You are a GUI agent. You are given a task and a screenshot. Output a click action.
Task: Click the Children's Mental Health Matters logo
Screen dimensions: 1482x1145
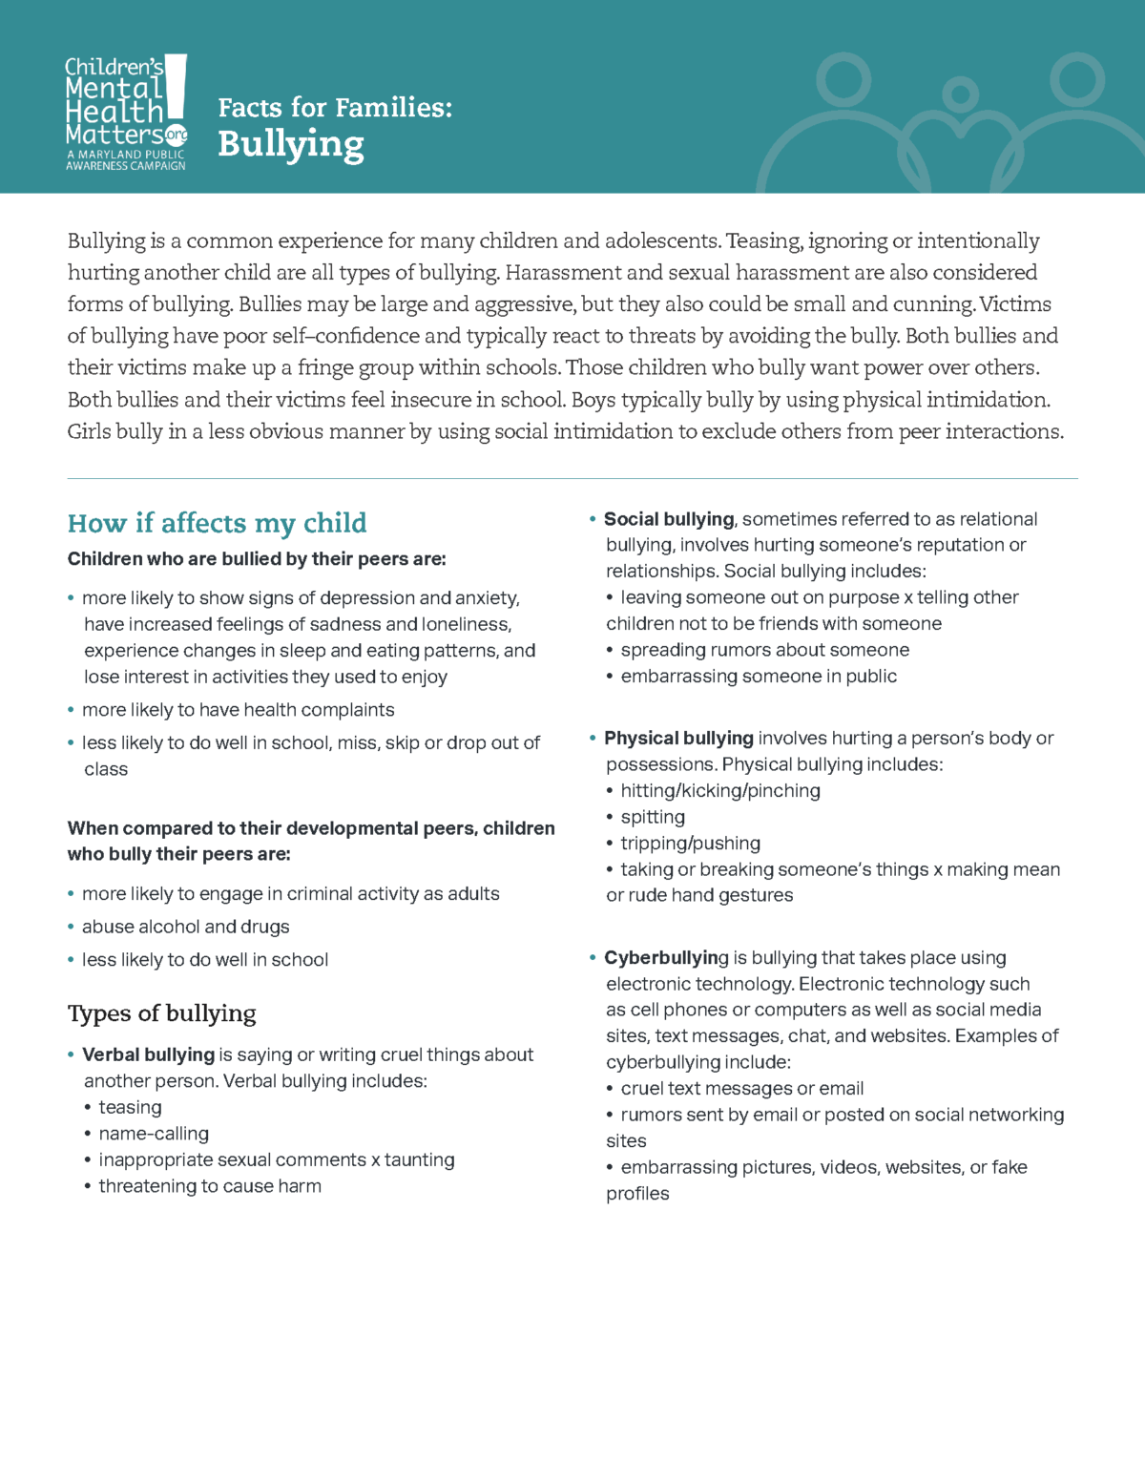[x=125, y=113]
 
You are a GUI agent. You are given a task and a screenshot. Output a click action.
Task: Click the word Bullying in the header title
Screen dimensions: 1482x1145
[x=291, y=145]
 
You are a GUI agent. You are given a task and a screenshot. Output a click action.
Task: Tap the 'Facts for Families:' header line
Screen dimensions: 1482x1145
[x=335, y=108]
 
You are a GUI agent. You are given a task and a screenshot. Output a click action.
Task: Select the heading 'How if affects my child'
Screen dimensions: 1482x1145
[x=217, y=523]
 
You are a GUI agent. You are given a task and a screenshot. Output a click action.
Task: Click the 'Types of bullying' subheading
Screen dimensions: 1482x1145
[x=161, y=1013]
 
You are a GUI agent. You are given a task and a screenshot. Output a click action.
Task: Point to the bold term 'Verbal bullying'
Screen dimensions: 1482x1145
[x=148, y=1054]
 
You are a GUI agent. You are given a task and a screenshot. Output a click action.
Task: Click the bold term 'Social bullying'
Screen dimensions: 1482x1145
[x=669, y=519]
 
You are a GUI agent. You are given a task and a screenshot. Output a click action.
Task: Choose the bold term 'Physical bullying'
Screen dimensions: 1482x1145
[x=678, y=738]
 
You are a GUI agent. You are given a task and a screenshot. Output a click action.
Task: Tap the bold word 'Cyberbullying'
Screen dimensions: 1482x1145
[x=666, y=957]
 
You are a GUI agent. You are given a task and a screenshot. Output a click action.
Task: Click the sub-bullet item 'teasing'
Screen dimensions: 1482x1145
[x=130, y=1107]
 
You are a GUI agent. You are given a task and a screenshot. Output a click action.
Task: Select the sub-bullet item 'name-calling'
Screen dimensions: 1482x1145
[x=154, y=1134]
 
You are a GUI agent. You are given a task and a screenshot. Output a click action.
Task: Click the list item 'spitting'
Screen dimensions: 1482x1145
[x=653, y=817]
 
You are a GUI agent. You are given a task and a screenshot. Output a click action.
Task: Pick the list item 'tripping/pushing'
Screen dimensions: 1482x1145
[x=690, y=844]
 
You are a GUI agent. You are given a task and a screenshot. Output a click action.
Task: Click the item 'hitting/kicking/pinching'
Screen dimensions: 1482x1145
[x=720, y=790]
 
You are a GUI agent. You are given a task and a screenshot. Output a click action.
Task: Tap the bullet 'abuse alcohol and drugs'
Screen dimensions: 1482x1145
[x=185, y=927]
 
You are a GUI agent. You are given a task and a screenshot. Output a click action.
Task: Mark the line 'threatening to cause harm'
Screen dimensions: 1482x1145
[x=210, y=1186]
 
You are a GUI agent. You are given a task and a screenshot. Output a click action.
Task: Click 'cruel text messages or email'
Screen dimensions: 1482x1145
[x=741, y=1088]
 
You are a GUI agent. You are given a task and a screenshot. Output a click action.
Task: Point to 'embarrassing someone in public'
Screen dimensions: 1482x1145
[x=759, y=676]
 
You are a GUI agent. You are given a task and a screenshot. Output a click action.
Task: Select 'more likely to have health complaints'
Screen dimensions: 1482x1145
[x=238, y=710]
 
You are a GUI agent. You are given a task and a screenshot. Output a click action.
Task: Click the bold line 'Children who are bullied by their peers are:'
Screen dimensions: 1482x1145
[x=257, y=559]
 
